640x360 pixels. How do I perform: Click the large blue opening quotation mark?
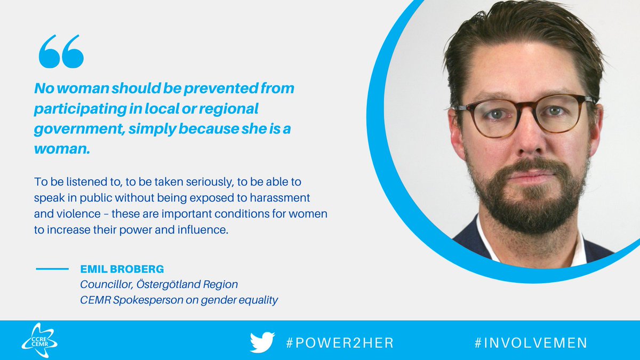click(x=61, y=52)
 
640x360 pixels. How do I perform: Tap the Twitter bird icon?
click(x=262, y=342)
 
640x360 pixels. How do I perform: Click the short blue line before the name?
click(x=52, y=269)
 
